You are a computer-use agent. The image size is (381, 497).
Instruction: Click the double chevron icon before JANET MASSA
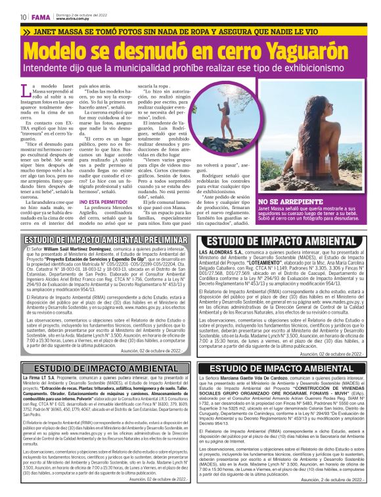[26, 31]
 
